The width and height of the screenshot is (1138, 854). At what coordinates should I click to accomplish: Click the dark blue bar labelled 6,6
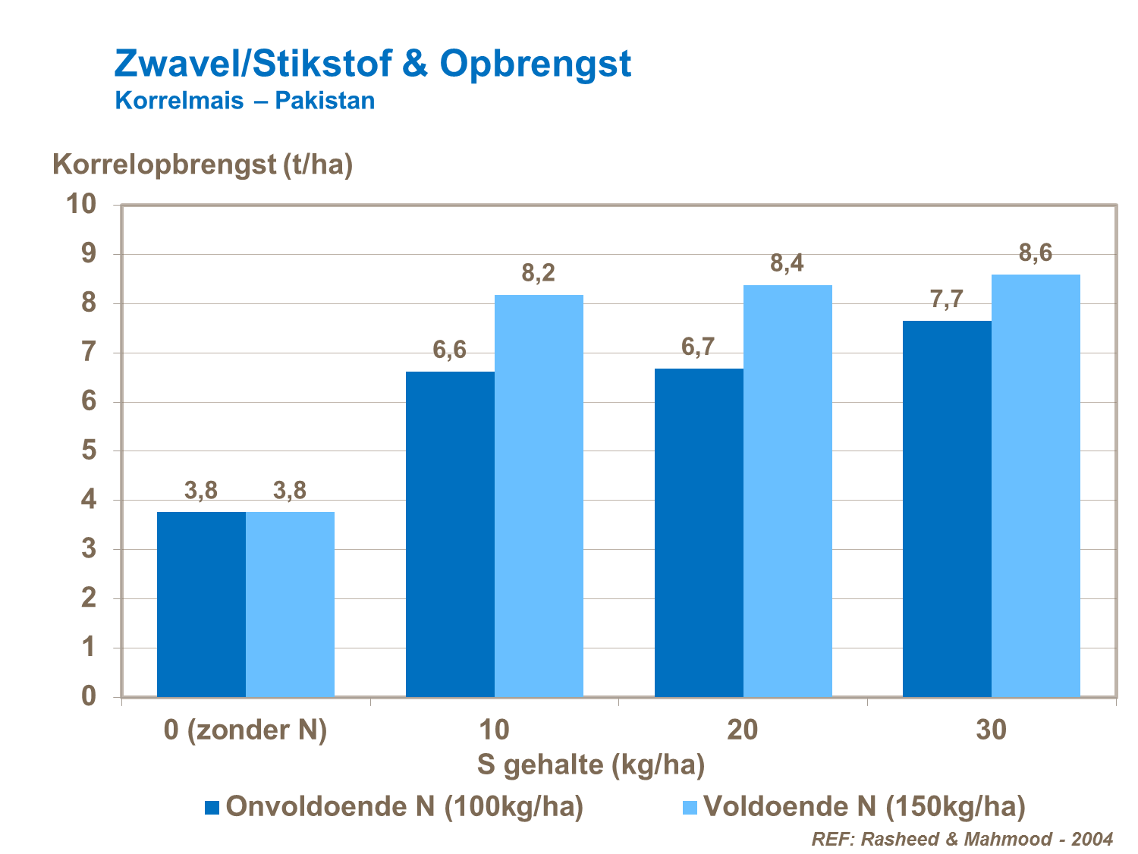coord(450,534)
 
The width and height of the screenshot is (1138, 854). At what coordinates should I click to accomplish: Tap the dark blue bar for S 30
coord(947,508)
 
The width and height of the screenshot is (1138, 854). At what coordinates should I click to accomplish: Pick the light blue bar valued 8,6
coord(1036,485)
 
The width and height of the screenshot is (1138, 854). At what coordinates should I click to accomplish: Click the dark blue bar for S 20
coord(699,532)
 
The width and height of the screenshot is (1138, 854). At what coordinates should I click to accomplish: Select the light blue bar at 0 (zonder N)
coord(290,604)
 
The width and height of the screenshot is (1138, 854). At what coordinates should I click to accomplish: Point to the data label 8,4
coord(787,263)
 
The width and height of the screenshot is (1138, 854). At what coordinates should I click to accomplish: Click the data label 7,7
coord(946,300)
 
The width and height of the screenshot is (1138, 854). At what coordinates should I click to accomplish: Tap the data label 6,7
coord(698,347)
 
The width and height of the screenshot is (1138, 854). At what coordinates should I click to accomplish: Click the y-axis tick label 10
coord(81,204)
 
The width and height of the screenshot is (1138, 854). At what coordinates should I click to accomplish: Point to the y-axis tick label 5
coord(90,451)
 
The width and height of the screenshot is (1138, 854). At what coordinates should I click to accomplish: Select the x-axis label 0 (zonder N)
coord(246,730)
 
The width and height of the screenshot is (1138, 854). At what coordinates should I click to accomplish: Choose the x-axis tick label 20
coord(742,730)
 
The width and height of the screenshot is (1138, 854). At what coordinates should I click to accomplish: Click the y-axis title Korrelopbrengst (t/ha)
coord(203,164)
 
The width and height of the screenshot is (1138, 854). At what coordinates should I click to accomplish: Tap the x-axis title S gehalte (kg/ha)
coord(591,765)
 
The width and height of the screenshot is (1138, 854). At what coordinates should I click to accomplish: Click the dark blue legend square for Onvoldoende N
coord(212,807)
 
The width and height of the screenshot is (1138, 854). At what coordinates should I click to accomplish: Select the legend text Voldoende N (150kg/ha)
coord(864,806)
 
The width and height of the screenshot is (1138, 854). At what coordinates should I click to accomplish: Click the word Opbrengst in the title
coord(535,64)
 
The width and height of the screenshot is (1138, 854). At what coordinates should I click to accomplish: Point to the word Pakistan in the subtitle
coord(325,101)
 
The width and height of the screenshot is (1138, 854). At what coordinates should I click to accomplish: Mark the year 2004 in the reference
coord(1092,839)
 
